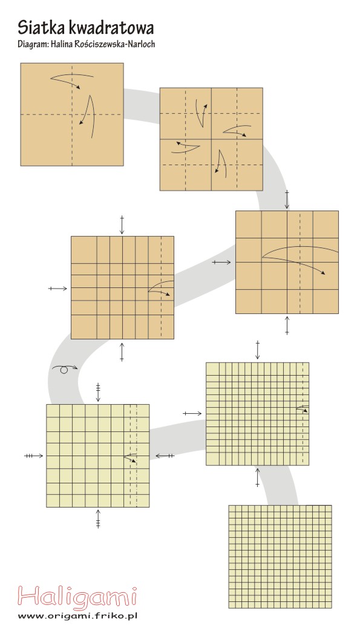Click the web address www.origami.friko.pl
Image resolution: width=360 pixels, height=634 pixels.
tap(77, 616)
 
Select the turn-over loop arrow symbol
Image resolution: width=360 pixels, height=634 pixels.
tap(64, 369)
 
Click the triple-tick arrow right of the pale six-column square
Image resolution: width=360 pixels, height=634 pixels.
tap(165, 456)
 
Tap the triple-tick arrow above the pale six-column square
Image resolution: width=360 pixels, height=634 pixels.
tap(98, 392)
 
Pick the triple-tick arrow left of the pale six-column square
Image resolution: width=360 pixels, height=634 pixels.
tap(33, 456)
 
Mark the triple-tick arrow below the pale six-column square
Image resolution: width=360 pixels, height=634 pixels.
tap(98, 519)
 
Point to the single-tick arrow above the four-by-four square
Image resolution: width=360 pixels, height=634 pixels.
tap(287, 200)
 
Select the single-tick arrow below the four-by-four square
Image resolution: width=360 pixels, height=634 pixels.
tap(287, 325)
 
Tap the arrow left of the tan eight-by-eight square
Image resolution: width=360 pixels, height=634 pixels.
tap(58, 289)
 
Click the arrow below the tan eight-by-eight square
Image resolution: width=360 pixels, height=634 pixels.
tap(122, 351)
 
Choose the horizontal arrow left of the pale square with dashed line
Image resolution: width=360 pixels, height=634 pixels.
tap(192, 413)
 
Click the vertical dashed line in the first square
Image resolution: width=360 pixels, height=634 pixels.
tap(73, 114)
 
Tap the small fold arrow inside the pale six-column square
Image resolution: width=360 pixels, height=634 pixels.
tap(130, 457)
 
